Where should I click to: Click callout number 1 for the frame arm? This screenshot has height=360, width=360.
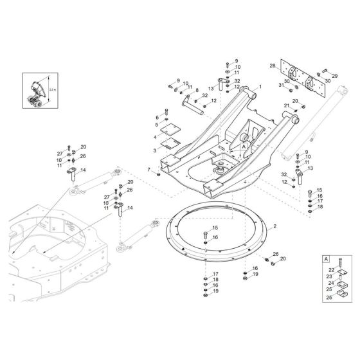(261, 87)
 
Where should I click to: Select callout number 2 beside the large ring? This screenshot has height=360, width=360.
(274, 226)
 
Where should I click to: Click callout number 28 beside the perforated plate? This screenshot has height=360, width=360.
(273, 66)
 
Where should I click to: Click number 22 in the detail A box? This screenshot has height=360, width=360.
(332, 270)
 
